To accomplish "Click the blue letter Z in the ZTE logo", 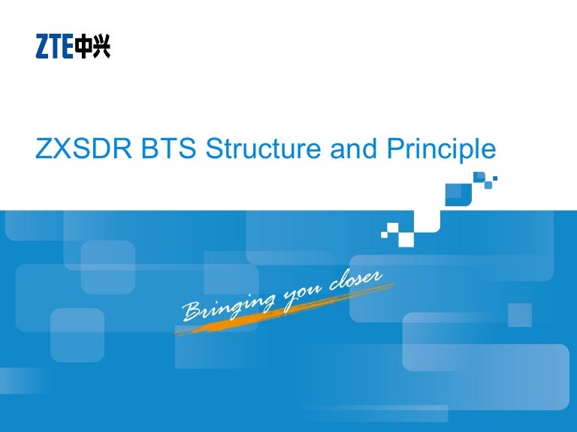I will point(43,48).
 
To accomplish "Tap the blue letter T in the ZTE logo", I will point(56,48).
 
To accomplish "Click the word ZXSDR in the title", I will point(83,149).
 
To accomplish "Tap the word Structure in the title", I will point(264,149).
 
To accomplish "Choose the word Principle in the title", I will point(442,151).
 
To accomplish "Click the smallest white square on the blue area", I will point(384,235).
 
